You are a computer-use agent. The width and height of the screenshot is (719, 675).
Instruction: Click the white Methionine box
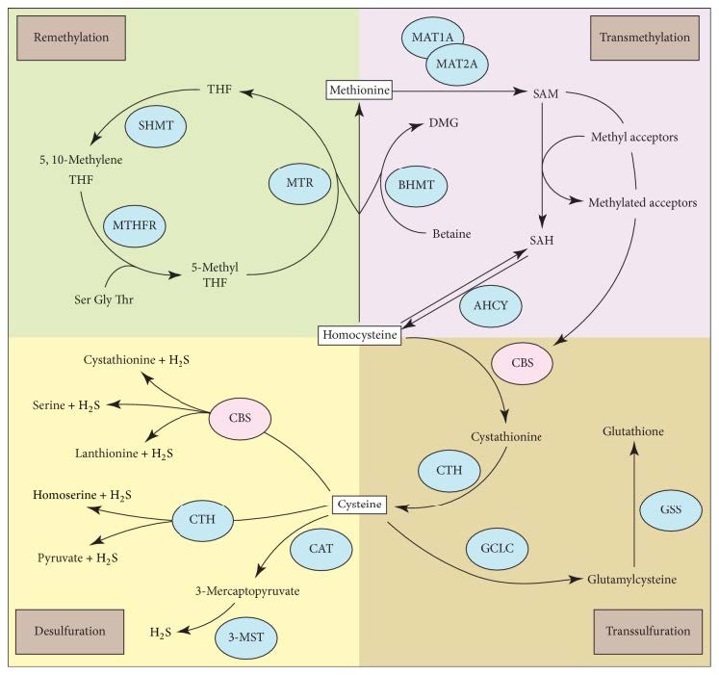pos(359,91)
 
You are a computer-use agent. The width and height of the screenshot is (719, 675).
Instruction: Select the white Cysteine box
pos(359,503)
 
